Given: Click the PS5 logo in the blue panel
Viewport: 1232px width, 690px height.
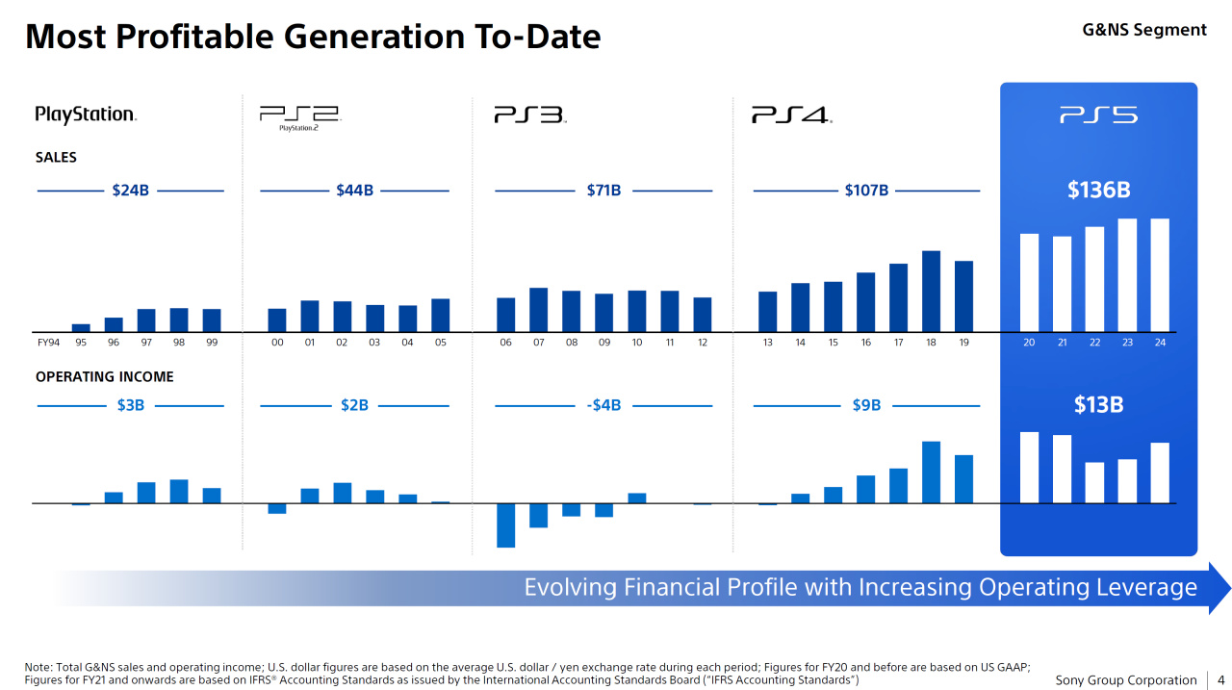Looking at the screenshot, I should pos(1098,115).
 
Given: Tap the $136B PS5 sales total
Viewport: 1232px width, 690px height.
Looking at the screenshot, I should pos(1098,190).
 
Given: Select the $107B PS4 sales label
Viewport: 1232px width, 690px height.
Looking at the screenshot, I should pos(866,191).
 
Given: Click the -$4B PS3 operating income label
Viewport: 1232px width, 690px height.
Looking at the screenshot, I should pos(603,405).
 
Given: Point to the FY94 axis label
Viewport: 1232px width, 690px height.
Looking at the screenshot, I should pos(48,343).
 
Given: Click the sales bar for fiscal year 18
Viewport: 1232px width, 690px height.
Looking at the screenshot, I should pos(931,291).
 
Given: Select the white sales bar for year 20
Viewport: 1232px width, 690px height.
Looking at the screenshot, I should pos(1029,282).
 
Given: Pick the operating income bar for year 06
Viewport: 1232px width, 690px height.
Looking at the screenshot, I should pos(505,525).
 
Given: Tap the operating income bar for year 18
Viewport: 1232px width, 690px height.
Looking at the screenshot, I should pos(931,472).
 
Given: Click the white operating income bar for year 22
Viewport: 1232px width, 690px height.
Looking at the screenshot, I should pos(1094,482).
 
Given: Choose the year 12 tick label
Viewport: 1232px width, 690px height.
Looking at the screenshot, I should pos(703,343).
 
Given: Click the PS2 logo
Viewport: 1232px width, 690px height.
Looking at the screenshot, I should pos(299,118).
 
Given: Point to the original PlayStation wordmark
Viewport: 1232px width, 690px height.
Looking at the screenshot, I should pos(86,115).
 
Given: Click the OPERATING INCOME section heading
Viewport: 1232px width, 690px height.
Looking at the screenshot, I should pos(105,376).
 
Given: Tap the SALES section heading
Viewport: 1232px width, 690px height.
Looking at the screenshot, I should pos(56,157).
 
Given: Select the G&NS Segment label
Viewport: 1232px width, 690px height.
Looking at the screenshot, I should pos(1144,30).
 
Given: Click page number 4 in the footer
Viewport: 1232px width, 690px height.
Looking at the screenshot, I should pos(1220,680).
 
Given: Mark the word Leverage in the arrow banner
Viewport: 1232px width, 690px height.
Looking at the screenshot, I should pos(1149,587).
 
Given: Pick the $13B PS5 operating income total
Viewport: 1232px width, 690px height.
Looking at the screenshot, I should pos(1098,405).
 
